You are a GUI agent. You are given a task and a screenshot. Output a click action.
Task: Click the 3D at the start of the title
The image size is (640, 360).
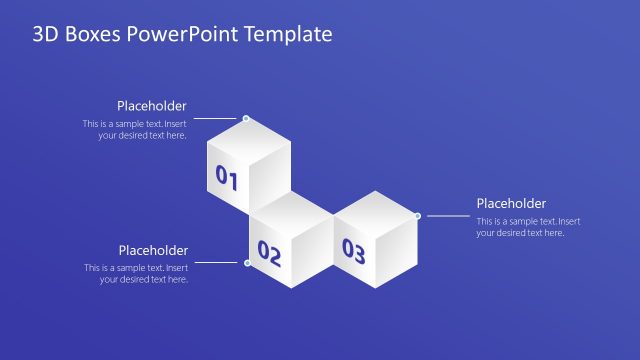44,35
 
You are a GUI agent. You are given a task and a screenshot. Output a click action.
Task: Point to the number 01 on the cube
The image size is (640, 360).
226,179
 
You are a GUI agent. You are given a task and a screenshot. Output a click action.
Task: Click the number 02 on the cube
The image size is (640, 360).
269,252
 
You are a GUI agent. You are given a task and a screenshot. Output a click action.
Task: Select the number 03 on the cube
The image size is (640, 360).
353,250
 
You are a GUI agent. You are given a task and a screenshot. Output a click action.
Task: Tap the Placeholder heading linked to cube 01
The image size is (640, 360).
151,106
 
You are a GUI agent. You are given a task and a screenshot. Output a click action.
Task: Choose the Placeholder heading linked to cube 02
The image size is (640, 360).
153,250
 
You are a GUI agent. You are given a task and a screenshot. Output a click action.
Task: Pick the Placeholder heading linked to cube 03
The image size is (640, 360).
511,203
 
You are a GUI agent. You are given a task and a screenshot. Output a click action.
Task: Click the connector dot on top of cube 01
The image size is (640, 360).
246,119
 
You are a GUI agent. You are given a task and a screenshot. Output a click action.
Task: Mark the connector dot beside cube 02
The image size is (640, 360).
248,263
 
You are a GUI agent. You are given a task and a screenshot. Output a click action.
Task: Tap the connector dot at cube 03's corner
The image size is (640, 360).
417,215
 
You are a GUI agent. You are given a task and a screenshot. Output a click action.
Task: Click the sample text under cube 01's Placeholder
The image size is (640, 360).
136,130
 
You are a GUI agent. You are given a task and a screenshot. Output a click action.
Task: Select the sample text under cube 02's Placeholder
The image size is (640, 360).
137,274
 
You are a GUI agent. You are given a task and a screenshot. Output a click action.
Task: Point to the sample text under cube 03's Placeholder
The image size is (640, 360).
527,227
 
